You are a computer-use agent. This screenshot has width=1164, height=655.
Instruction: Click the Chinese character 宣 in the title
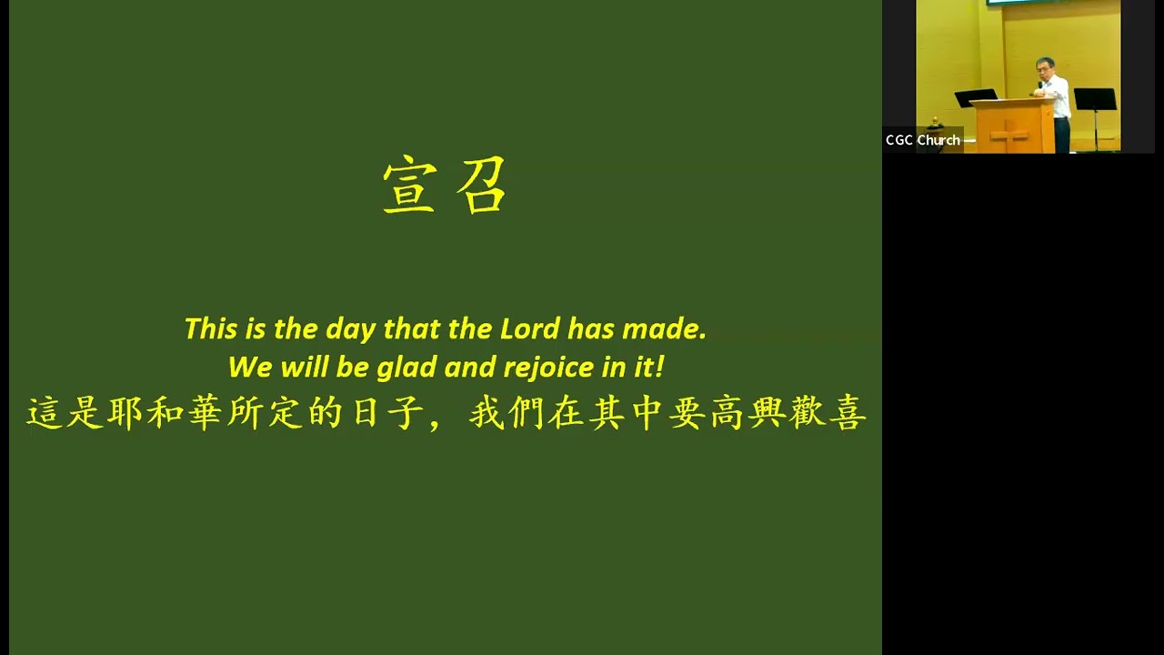point(409,186)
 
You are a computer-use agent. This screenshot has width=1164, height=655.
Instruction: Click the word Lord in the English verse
point(530,328)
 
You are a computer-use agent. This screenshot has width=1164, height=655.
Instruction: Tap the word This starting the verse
point(210,328)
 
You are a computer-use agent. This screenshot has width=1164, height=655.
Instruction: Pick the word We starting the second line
point(249,368)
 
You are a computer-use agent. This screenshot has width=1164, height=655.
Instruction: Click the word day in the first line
point(350,329)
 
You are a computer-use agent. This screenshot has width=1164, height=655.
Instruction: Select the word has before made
point(592,328)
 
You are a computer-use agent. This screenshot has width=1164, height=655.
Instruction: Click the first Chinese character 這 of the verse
point(45,414)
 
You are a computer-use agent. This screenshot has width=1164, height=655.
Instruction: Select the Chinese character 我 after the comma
point(487,414)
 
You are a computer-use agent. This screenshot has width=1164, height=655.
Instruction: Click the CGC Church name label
point(923,140)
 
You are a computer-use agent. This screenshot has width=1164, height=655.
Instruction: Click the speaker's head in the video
point(1045,67)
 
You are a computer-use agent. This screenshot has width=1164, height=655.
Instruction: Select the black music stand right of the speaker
point(1095,99)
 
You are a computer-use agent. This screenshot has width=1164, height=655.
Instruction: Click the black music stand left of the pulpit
point(976,96)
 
